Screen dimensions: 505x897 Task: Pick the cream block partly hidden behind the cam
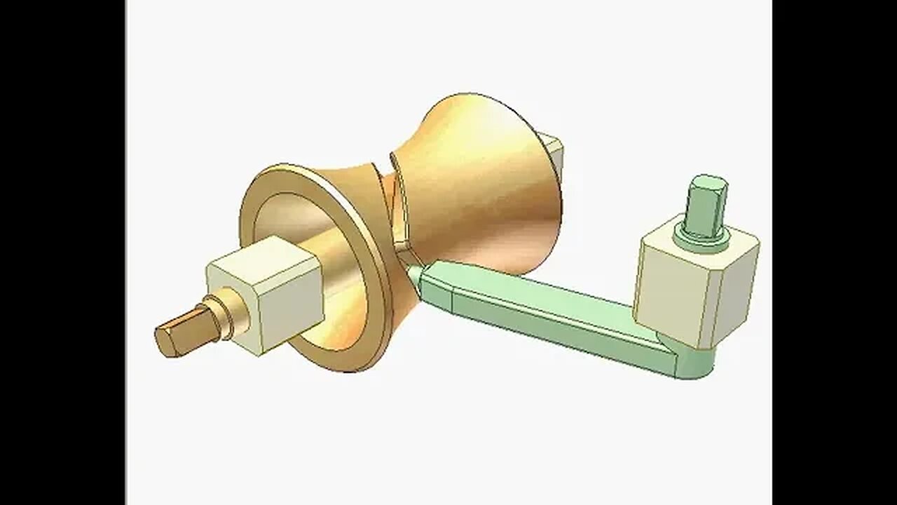[x=554, y=151]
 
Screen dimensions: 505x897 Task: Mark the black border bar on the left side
[x=63, y=252]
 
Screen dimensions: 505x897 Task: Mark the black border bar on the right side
[x=834, y=252]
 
